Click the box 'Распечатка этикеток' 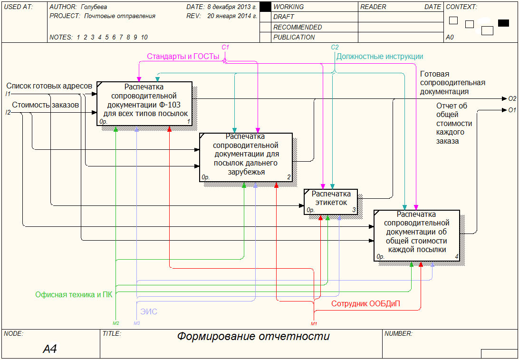pyautogui.click(x=331, y=202)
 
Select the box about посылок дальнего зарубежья pyautogui.click(x=245, y=157)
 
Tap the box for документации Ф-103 pyautogui.click(x=144, y=104)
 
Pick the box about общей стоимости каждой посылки pyautogui.click(x=416, y=235)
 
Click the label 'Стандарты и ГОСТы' pyautogui.click(x=183, y=57)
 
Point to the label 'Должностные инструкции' pyautogui.click(x=379, y=57)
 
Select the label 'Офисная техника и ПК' pyautogui.click(x=74, y=295)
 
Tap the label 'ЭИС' pyautogui.click(x=148, y=312)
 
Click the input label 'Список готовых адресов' pyautogui.click(x=49, y=86)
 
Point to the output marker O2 pyautogui.click(x=512, y=99)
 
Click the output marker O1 pyautogui.click(x=512, y=110)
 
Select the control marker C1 pyautogui.click(x=225, y=47)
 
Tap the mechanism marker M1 pyautogui.click(x=314, y=324)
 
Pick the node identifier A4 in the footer pyautogui.click(x=50, y=350)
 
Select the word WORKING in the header pyautogui.click(x=288, y=7)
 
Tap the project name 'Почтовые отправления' pyautogui.click(x=120, y=16)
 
